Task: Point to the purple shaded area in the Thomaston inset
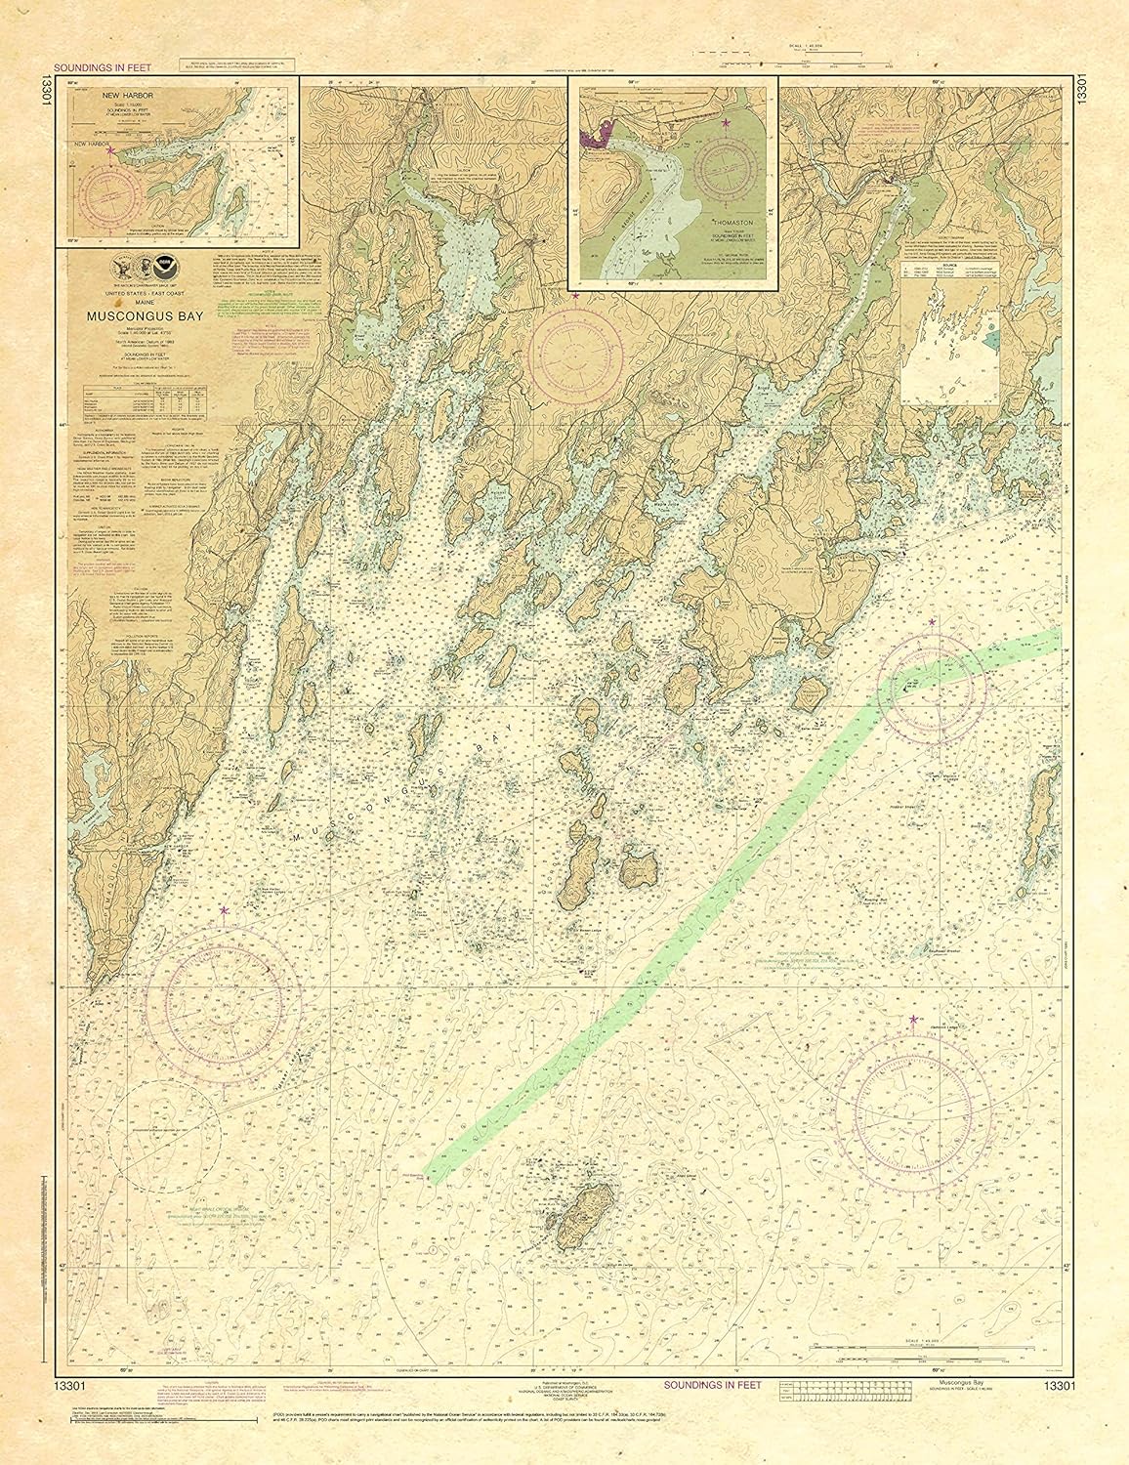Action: coord(596,138)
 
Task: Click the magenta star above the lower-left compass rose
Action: coord(225,910)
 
